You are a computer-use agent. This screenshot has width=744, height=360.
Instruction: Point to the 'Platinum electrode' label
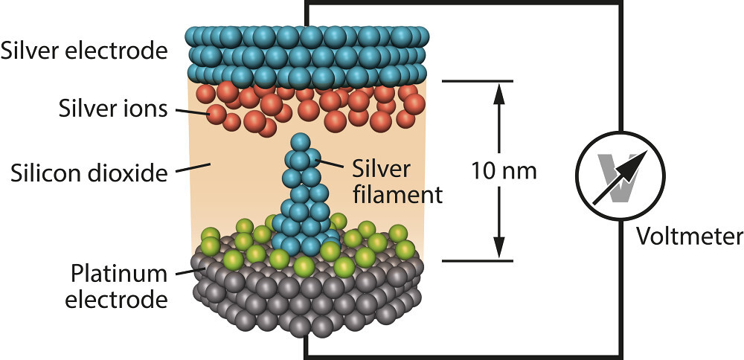tap(118, 286)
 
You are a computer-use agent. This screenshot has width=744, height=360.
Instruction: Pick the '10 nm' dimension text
tap(504, 172)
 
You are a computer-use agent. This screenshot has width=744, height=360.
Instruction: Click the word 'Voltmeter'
tap(689, 237)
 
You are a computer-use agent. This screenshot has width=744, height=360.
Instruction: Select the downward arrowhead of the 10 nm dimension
tap(499, 248)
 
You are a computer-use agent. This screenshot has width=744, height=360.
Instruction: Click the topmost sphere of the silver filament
tap(301, 142)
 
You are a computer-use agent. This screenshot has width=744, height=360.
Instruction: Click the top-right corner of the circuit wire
tap(618, 4)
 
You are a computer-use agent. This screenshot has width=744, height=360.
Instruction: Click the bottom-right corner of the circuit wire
tap(618, 356)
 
